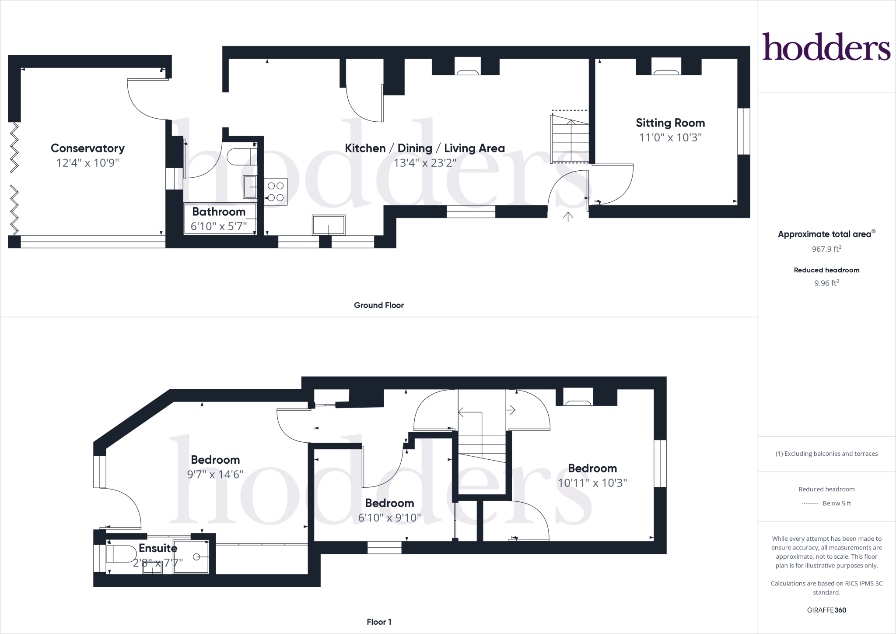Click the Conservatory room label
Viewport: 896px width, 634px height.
pos(87,148)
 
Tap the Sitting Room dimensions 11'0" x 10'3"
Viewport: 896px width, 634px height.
pos(670,137)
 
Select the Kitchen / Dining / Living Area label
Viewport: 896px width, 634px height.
pos(425,148)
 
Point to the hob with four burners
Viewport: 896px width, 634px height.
pos(276,192)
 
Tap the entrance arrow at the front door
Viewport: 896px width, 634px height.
pos(568,217)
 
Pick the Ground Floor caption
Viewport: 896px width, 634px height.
pos(379,305)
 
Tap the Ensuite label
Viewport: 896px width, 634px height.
pos(158,548)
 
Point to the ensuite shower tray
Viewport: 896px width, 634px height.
pos(191,557)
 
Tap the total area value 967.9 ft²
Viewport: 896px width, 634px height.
pos(826,249)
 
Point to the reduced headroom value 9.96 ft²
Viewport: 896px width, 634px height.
pos(826,283)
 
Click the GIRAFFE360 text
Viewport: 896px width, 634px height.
pos(826,610)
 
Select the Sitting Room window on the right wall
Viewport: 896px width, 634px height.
pos(744,131)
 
